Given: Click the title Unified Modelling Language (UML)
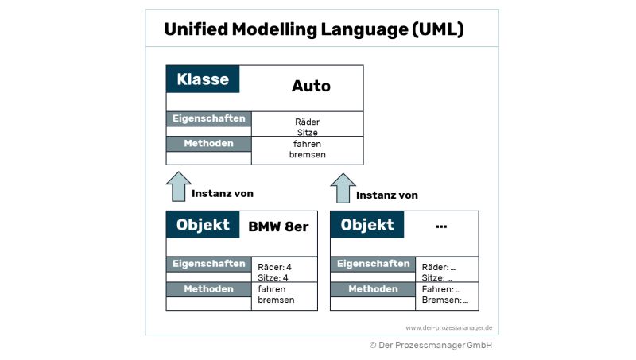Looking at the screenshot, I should [314, 29].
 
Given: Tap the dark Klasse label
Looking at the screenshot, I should [203, 79].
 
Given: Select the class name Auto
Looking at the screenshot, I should [311, 86].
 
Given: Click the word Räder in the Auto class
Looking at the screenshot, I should [307, 122].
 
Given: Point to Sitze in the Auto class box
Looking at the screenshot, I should [307, 133].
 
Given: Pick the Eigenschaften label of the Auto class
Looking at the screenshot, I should [208, 118].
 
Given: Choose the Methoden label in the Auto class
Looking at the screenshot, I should [208, 144].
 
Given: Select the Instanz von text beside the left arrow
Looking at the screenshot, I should [223, 193].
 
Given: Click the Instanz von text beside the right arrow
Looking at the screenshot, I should [387, 195].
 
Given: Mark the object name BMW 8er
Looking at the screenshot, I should [278, 226].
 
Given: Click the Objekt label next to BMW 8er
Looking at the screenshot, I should [203, 225].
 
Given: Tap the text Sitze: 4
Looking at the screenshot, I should [273, 278].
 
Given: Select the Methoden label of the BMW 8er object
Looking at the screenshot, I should [208, 289].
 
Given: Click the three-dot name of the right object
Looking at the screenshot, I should [442, 226].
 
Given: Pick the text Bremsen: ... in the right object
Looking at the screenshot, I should [445, 300].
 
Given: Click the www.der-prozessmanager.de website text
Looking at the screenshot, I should [450, 327].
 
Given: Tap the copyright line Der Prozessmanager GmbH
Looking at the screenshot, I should [431, 346].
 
